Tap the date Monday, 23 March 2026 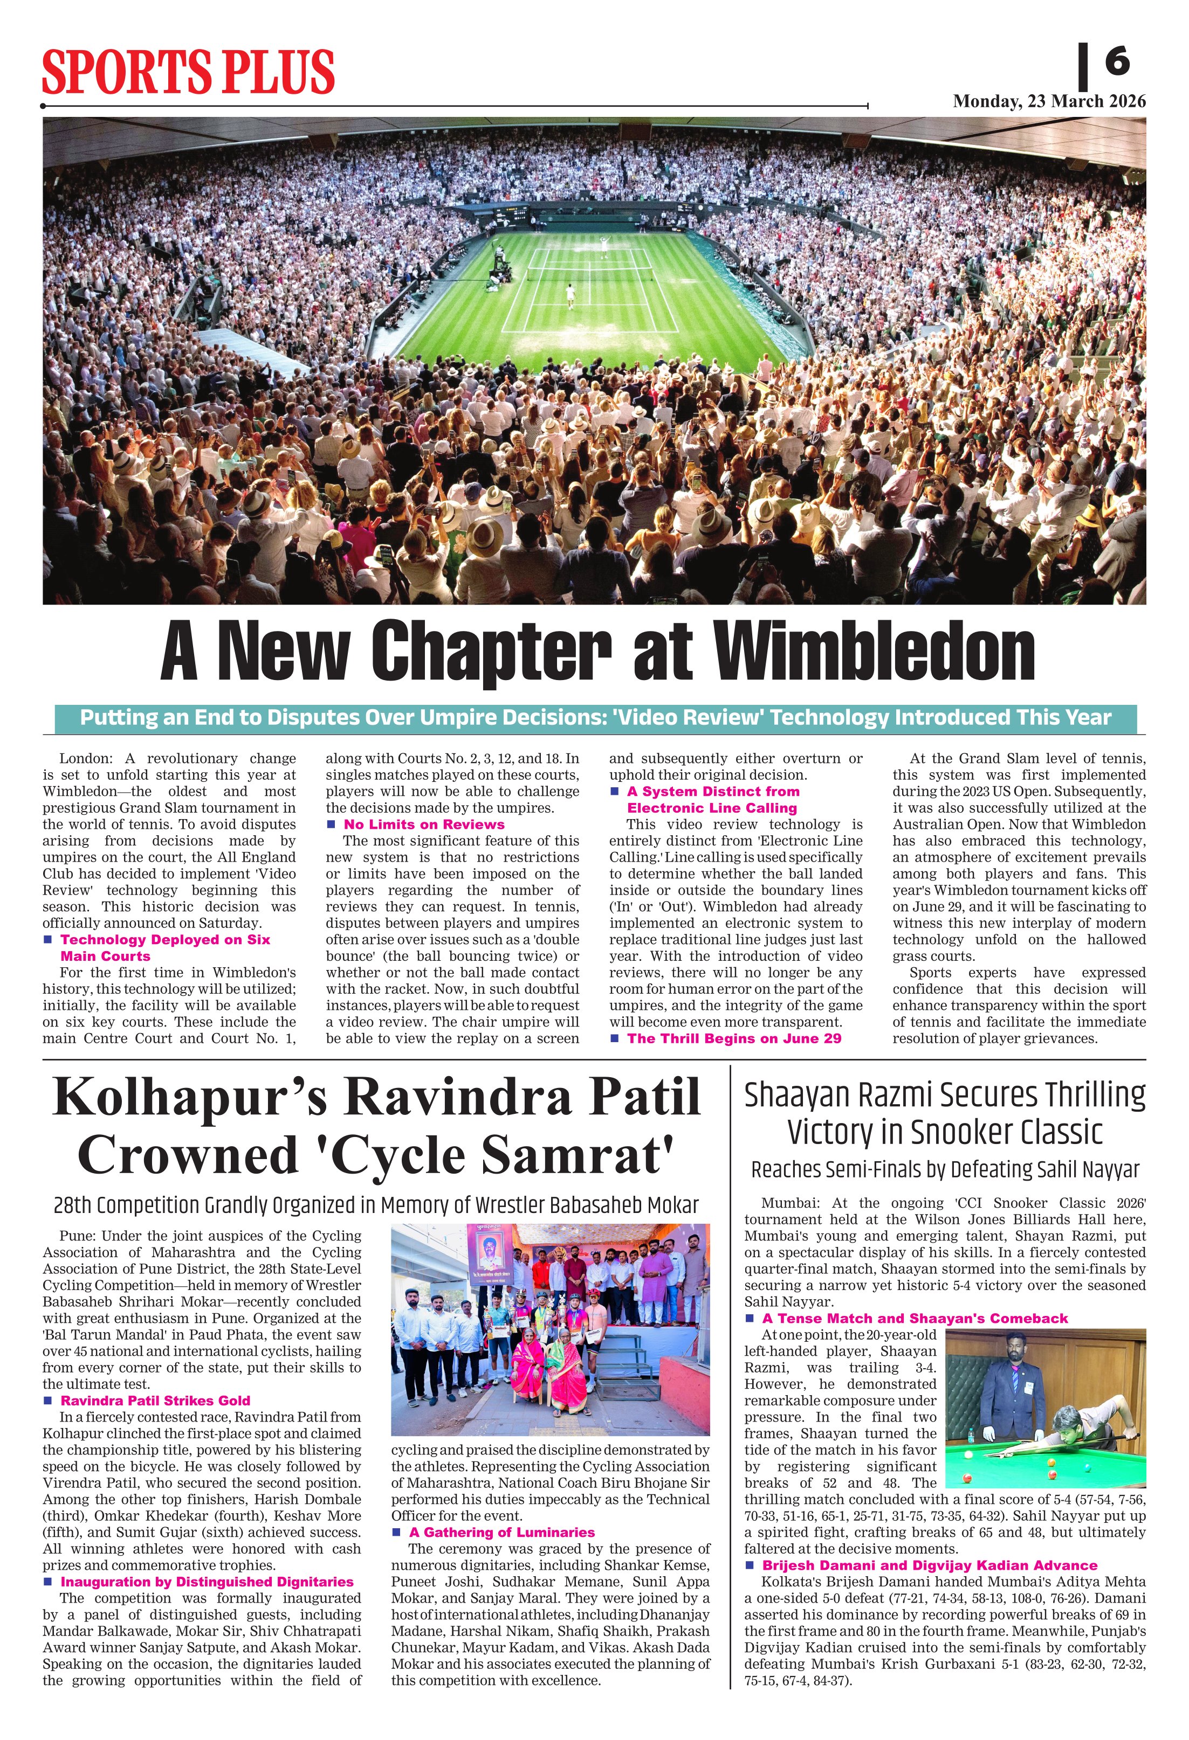point(1049,102)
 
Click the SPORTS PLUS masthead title point(188,72)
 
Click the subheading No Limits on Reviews point(424,824)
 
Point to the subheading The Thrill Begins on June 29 point(734,1038)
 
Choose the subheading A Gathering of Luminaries point(502,1533)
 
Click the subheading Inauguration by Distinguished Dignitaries point(207,1582)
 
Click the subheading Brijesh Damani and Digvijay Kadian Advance point(930,1565)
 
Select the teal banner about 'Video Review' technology point(596,718)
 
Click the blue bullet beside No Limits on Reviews point(331,824)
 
